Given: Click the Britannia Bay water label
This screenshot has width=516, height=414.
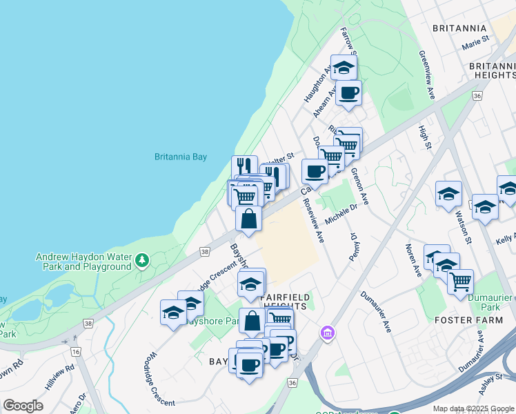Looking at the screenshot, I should pos(180,157).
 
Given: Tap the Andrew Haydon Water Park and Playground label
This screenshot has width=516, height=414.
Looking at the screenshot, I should pos(83,262).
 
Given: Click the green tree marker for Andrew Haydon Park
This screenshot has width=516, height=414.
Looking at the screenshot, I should pos(142,260).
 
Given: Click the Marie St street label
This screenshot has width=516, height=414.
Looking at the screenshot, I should pos(475,43).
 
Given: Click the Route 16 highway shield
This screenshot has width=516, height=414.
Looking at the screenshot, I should pos(75,352).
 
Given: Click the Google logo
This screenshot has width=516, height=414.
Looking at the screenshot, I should pos(23,406).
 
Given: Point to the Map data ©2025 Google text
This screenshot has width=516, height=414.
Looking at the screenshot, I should pos(473,408).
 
